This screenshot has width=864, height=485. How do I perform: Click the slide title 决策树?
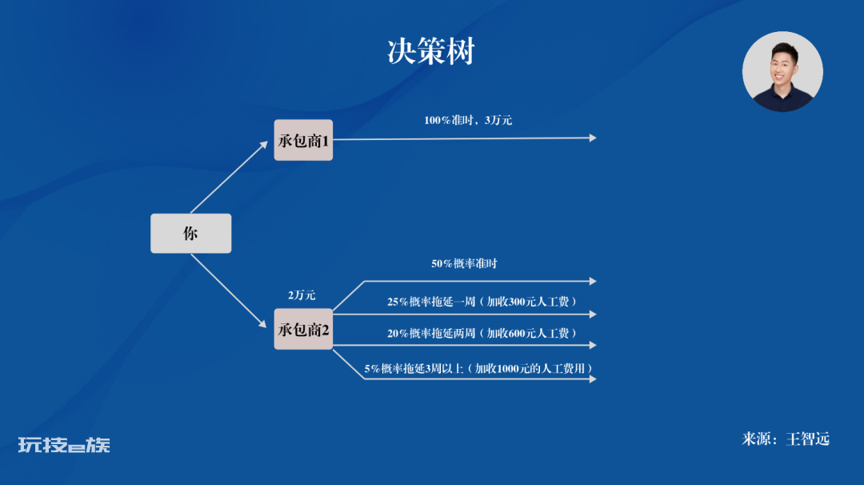click(431, 52)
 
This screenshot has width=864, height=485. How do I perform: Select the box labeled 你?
click(190, 233)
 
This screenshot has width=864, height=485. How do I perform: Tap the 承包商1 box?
click(303, 140)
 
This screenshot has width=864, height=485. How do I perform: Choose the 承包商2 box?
click(303, 329)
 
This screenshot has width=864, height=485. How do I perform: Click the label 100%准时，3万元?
click(468, 120)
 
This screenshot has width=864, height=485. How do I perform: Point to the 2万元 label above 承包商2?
click(302, 295)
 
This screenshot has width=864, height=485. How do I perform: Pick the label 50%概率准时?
click(464, 263)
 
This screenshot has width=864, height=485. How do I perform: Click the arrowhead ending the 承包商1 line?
click(593, 138)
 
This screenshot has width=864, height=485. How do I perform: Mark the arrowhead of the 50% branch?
click(593, 281)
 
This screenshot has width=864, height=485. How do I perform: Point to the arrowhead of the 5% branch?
click(593, 379)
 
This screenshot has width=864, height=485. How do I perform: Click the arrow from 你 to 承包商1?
click(230, 177)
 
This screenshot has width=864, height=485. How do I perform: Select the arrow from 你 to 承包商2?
click(230, 291)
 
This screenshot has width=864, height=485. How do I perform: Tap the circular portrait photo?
click(782, 72)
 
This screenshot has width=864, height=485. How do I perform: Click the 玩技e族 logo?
click(64, 445)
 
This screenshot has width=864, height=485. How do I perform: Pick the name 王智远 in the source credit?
click(807, 439)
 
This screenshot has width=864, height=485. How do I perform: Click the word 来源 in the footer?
click(755, 439)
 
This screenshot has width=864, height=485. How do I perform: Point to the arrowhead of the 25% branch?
click(593, 315)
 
